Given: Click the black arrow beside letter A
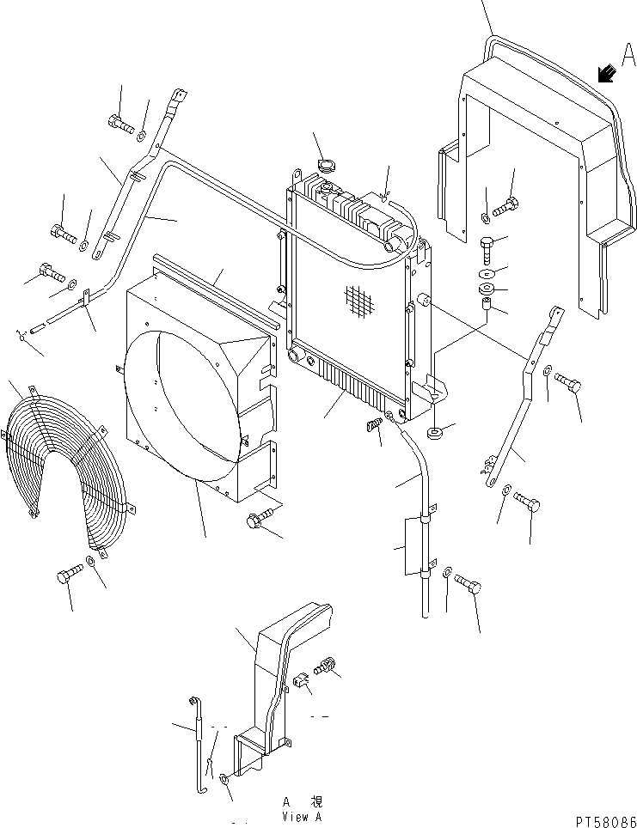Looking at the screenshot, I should tap(607, 75).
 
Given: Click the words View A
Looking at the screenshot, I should tap(302, 817).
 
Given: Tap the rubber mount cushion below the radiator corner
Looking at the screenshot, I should tap(435, 429).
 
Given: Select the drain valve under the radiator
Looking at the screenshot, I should tap(374, 425).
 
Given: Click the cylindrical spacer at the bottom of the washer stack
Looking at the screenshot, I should tap(486, 303).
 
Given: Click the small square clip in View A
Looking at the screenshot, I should tap(299, 682).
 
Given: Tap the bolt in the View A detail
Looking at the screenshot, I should tap(326, 664).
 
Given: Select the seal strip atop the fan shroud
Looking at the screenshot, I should tap(215, 284).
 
